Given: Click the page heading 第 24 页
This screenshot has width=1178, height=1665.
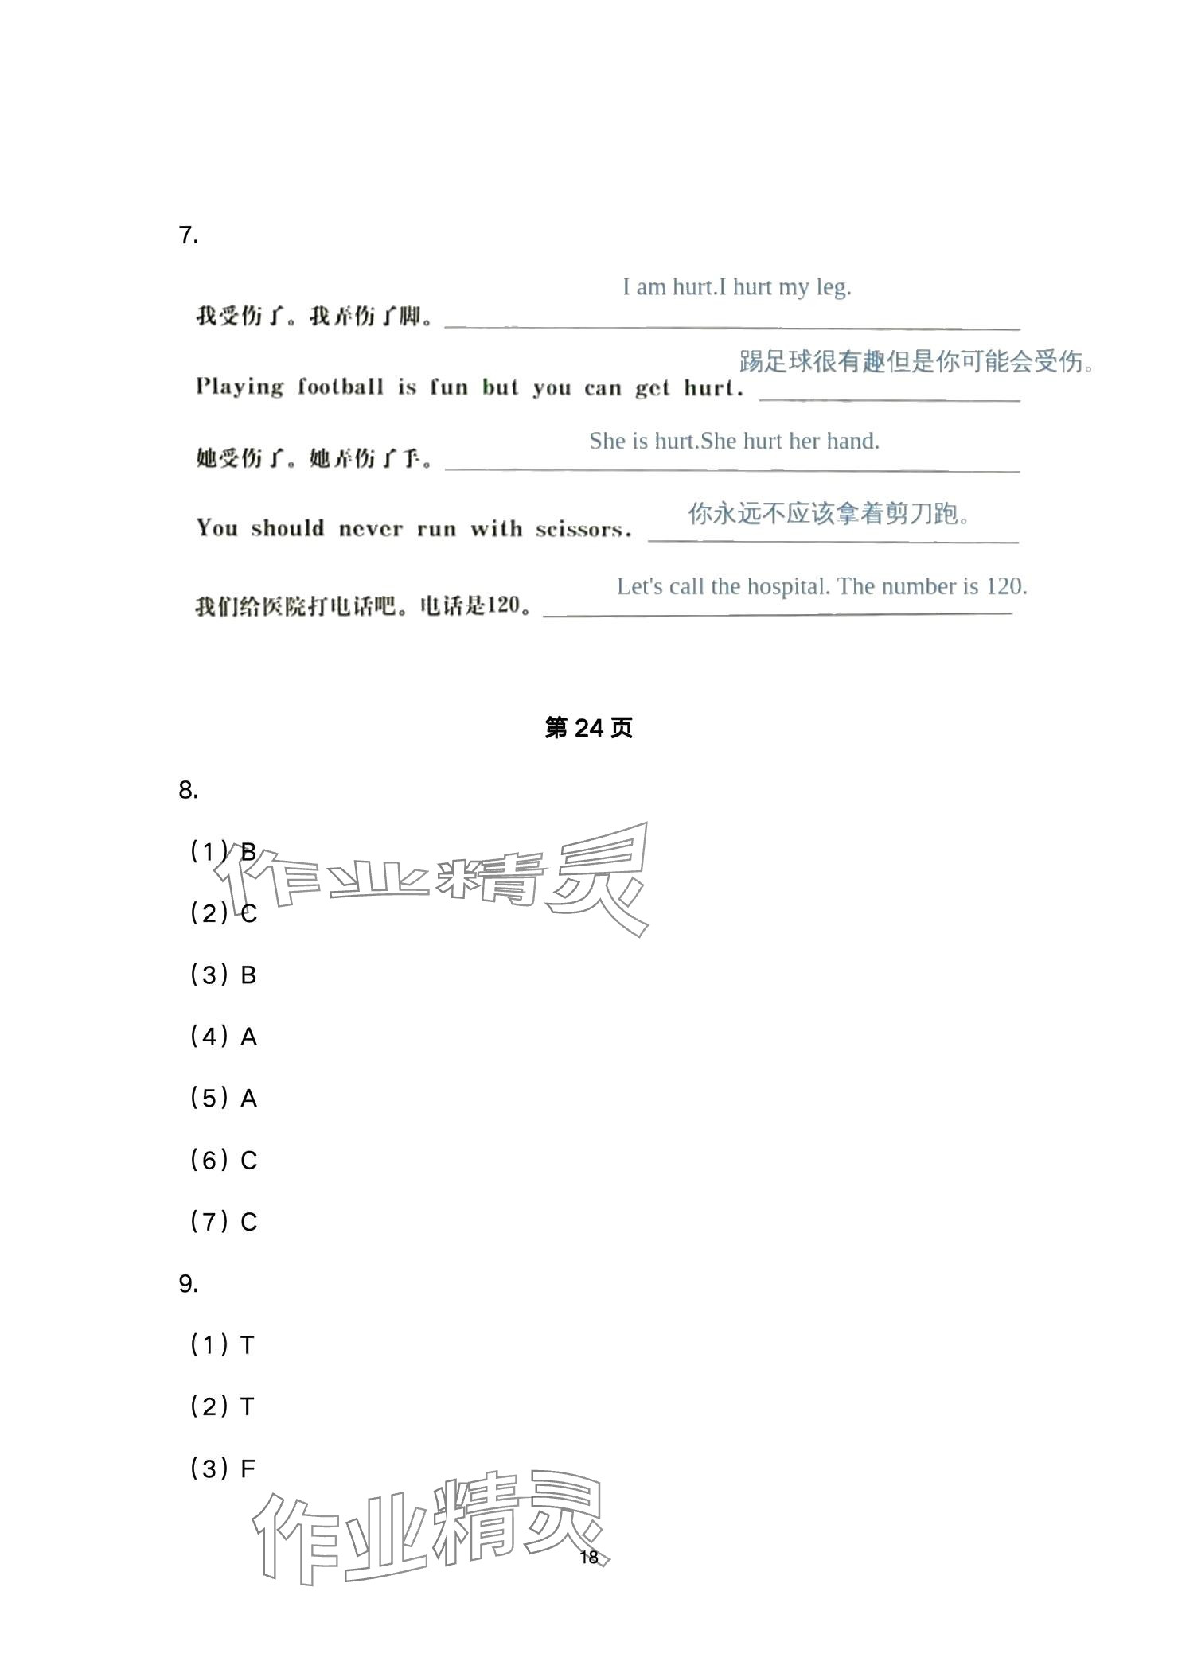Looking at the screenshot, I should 588,727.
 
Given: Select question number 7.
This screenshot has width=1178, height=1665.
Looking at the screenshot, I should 188,235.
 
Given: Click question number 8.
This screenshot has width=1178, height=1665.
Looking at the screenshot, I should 188,790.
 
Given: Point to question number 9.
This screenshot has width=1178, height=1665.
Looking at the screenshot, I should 188,1284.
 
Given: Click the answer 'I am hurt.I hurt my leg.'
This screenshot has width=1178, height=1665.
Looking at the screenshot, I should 736,287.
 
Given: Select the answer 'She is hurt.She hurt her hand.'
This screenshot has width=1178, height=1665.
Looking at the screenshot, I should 734,441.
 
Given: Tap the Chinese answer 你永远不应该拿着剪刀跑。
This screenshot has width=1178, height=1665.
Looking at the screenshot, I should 829,514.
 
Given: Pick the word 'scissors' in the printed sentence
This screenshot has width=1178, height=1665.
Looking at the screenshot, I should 583,529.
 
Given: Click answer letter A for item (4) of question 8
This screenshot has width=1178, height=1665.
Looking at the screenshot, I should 248,1037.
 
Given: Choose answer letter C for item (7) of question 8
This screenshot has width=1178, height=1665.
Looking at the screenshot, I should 248,1222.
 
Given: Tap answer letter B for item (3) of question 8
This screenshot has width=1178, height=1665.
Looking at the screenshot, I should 248,975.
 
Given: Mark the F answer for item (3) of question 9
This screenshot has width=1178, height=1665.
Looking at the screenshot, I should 248,1469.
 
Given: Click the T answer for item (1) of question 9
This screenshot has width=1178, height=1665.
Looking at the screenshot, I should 248,1345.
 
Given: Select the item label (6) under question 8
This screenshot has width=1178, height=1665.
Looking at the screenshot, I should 209,1161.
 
